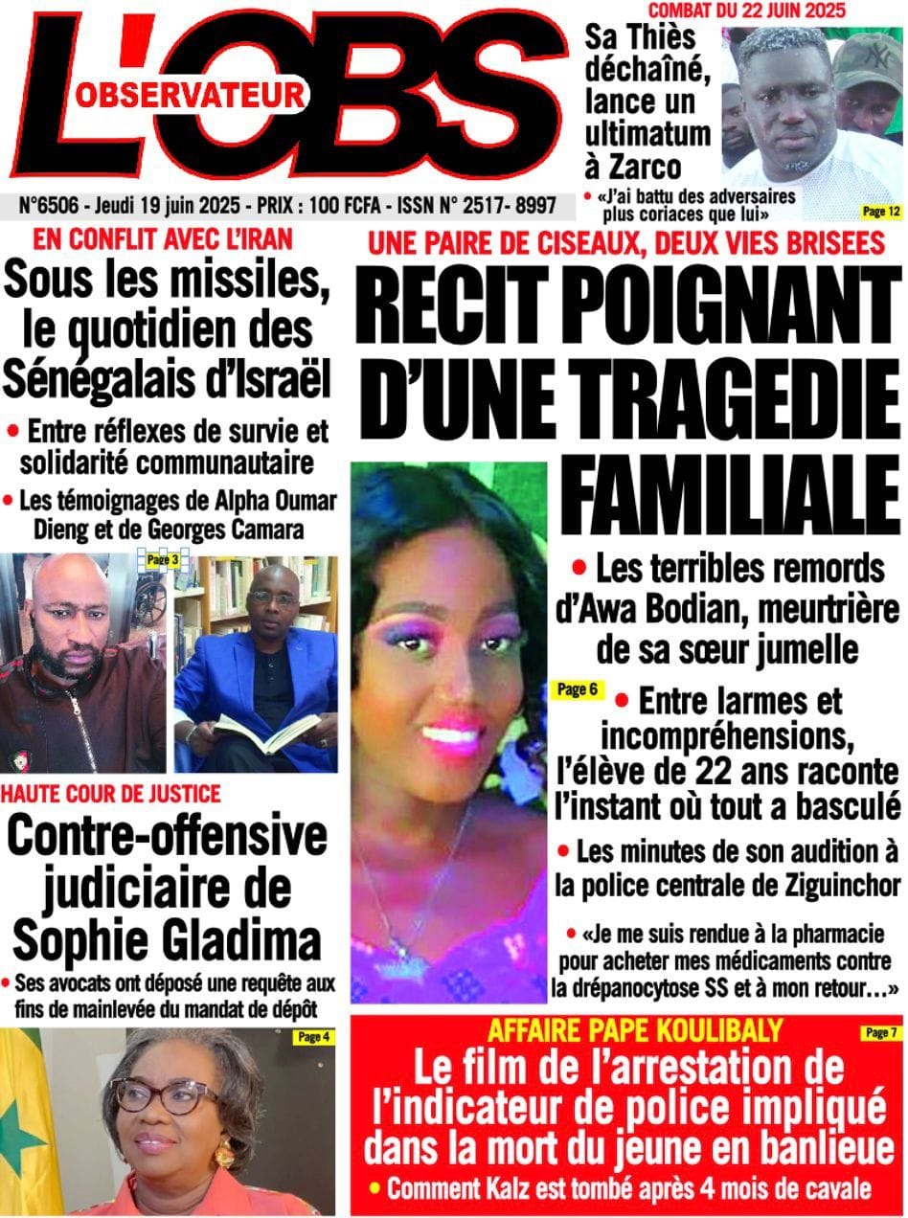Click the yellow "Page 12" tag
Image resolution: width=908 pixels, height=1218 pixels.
(x=879, y=210)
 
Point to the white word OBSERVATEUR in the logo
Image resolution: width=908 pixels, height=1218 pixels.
(x=189, y=93)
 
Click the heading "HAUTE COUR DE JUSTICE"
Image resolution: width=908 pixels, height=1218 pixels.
(x=111, y=793)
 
